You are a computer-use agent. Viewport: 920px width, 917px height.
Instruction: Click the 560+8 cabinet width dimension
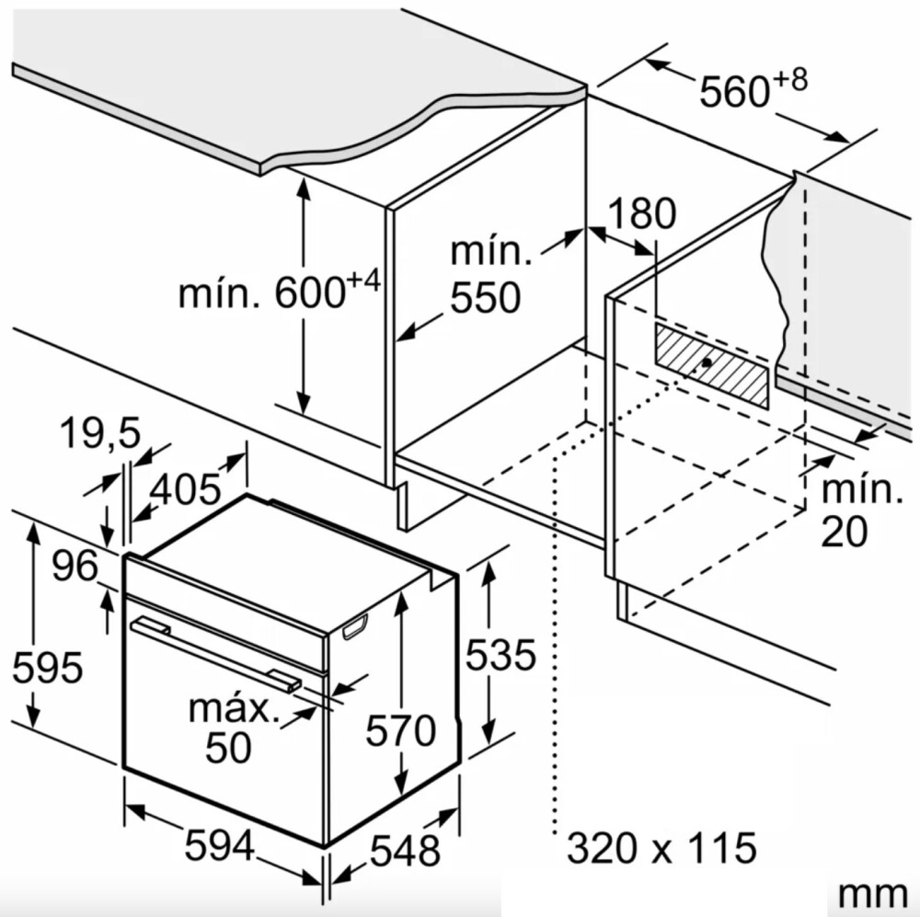click(x=753, y=87)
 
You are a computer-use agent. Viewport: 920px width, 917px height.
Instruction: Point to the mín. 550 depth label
click(x=490, y=275)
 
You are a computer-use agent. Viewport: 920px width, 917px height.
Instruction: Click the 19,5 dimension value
click(x=100, y=433)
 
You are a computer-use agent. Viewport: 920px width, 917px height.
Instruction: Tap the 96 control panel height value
click(x=75, y=567)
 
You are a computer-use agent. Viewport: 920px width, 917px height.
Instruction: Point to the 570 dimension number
click(x=401, y=730)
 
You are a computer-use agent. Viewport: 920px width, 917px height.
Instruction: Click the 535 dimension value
click(x=500, y=654)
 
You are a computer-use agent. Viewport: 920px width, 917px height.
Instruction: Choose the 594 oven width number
click(x=220, y=845)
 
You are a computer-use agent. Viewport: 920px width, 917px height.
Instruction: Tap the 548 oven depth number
click(x=405, y=850)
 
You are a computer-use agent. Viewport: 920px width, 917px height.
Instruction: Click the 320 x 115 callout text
click(x=661, y=847)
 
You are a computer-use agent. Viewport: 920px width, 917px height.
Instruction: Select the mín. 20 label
click(x=861, y=510)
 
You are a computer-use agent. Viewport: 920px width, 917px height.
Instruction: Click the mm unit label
click(x=872, y=895)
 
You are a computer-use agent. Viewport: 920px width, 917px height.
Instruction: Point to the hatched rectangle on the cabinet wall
click(x=711, y=366)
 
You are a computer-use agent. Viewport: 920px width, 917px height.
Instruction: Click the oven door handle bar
click(x=215, y=654)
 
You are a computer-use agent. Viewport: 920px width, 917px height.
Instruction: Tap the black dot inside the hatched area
click(x=707, y=362)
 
